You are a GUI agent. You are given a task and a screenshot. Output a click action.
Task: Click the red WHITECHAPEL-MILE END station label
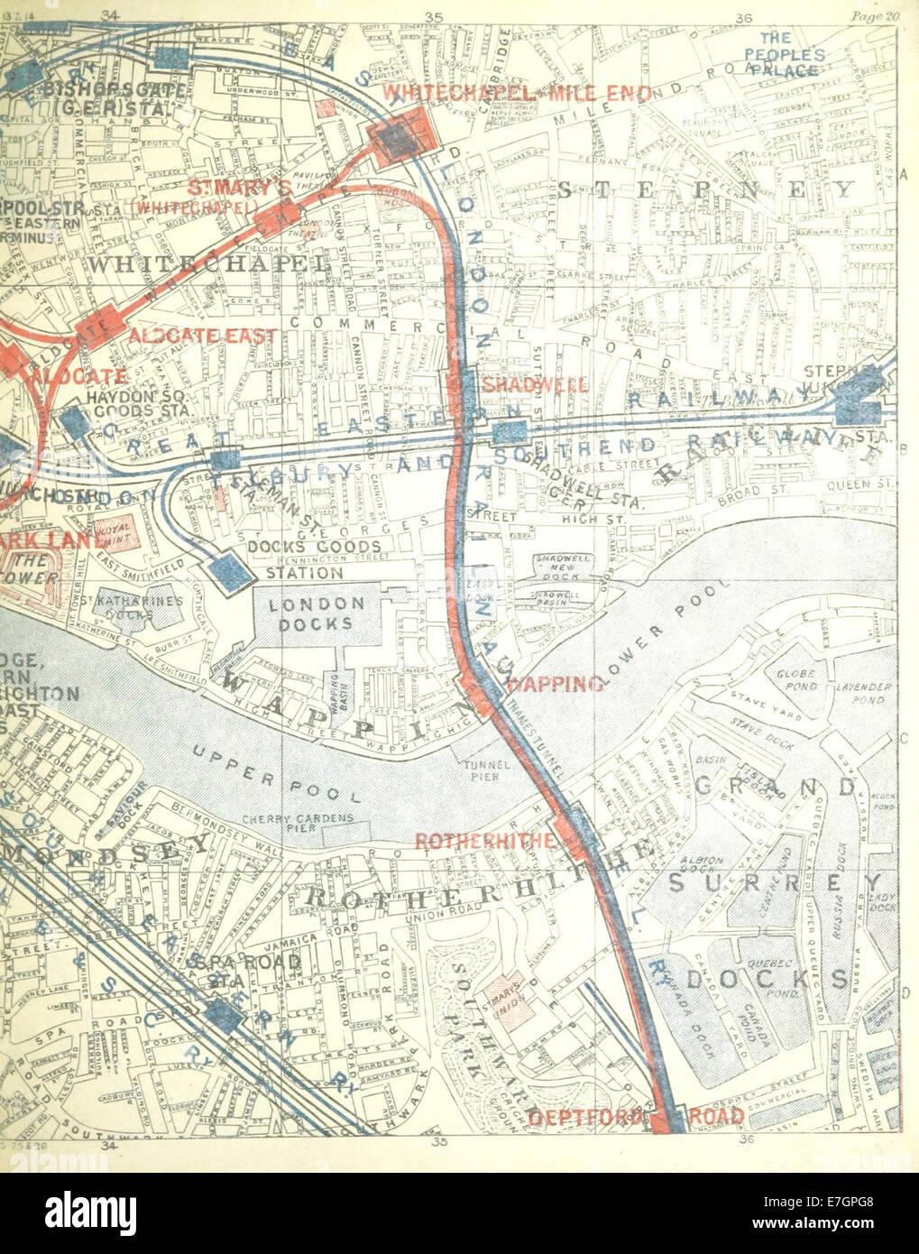coord(517,93)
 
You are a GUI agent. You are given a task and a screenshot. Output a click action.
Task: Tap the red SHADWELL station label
coord(536,384)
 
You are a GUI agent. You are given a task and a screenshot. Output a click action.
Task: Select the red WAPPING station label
coord(556,685)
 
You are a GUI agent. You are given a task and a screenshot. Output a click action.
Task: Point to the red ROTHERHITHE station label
coord(484,840)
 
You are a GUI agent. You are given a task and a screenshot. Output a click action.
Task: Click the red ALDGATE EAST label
coord(202,336)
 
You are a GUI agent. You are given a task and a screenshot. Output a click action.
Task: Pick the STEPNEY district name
coord(705,189)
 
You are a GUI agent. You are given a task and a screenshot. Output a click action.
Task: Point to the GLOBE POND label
coord(794,679)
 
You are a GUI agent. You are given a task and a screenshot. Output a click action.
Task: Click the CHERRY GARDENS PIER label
coord(294,825)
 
